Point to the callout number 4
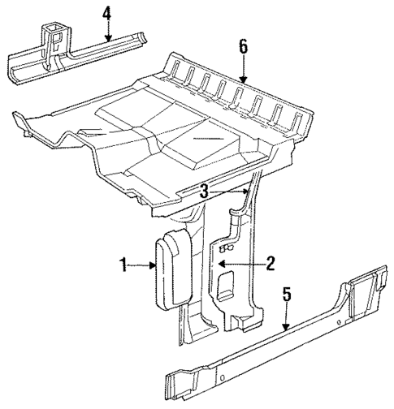(106, 14)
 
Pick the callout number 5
(286, 294)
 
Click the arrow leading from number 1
(143, 265)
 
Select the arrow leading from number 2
(243, 263)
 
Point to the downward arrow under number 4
(106, 31)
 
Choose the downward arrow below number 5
(286, 317)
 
